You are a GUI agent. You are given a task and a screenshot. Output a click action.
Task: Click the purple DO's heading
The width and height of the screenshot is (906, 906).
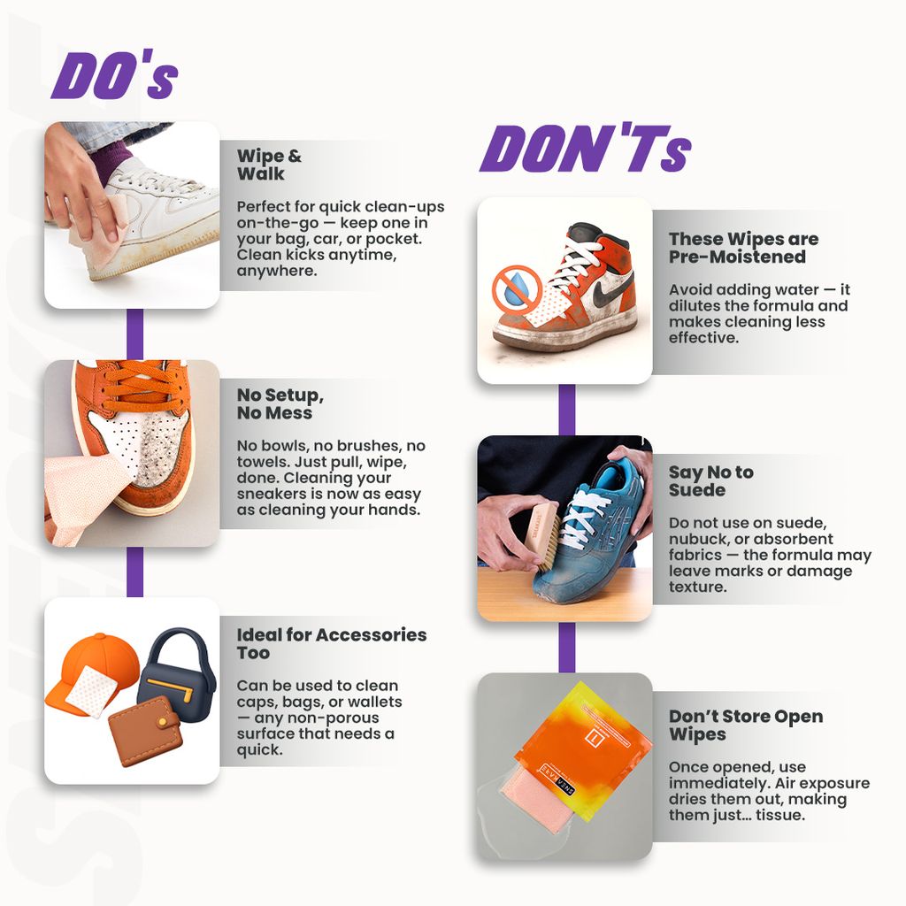(114, 75)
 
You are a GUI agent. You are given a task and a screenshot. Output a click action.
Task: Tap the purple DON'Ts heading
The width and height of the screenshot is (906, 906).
(586, 149)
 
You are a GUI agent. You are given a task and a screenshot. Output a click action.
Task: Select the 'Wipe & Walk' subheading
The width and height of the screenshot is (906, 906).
(269, 165)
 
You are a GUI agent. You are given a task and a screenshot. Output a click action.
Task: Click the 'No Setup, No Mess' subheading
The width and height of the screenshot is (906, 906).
(280, 403)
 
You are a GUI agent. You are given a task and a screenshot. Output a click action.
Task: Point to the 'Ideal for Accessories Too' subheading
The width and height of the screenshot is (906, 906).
(332, 644)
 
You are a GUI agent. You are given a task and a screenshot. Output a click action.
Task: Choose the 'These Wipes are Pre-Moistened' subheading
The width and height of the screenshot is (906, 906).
(743, 248)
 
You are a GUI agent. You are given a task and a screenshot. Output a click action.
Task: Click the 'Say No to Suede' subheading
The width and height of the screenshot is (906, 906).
(710, 480)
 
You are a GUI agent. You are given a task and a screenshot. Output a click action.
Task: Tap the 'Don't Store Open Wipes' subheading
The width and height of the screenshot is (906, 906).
(745, 726)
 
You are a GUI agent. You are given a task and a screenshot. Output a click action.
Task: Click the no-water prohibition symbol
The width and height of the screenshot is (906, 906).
(517, 288)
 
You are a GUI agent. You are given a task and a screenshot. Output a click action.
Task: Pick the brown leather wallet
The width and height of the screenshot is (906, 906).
(146, 731)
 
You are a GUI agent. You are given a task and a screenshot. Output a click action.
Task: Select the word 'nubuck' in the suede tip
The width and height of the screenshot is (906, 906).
(694, 539)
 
